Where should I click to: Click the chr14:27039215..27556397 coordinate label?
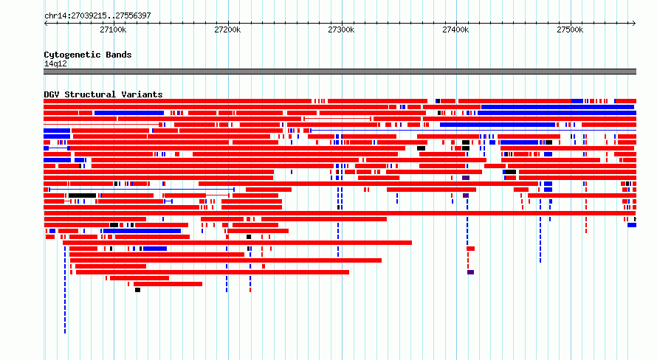[x=97, y=16]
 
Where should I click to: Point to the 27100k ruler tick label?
[x=113, y=30]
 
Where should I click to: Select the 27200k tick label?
[x=227, y=30]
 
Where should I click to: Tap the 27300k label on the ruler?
[x=341, y=30]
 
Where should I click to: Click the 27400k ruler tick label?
[x=455, y=30]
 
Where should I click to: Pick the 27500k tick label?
[x=570, y=30]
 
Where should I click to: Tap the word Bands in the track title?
[x=119, y=55]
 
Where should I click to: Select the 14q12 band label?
[x=55, y=64]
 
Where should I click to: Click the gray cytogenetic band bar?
[x=340, y=72]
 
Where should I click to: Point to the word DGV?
[x=52, y=94]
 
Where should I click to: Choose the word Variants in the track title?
[x=142, y=94]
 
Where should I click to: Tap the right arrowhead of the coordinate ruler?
[x=635, y=24]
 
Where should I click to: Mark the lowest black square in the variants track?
[x=137, y=290]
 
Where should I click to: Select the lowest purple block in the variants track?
[x=470, y=272]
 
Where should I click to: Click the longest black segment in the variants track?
[x=83, y=195]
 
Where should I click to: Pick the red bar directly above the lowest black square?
[x=168, y=284]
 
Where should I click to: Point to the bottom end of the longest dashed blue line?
[x=65, y=333]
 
